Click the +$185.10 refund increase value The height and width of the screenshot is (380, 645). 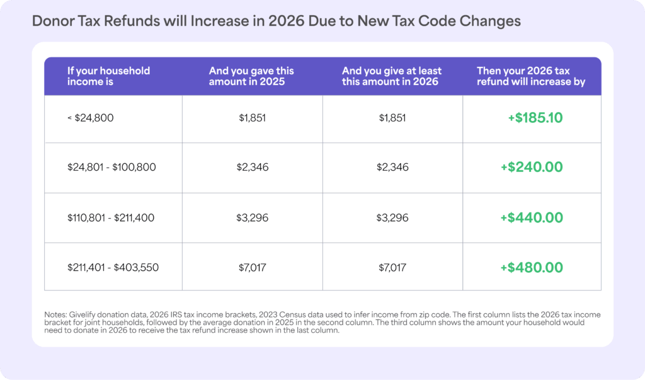[535, 118]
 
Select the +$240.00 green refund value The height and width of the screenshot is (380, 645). [532, 168]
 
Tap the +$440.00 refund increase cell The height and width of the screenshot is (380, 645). [532, 217]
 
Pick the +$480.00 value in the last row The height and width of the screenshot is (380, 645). [532, 267]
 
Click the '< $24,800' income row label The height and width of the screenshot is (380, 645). [91, 118]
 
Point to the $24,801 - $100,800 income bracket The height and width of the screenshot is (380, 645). [111, 168]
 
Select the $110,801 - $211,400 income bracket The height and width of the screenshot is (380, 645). [111, 217]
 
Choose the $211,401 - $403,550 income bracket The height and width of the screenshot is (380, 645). [113, 267]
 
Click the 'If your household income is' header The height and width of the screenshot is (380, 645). [108, 76]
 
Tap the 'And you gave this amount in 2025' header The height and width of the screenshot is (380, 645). [251, 76]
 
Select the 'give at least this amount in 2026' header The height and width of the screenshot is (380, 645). [391, 76]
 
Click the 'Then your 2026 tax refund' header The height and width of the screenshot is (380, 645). [531, 76]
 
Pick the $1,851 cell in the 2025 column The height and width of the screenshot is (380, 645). [253, 118]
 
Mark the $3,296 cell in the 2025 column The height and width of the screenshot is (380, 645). [253, 217]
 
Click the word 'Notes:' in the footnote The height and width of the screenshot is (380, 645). [57, 314]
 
